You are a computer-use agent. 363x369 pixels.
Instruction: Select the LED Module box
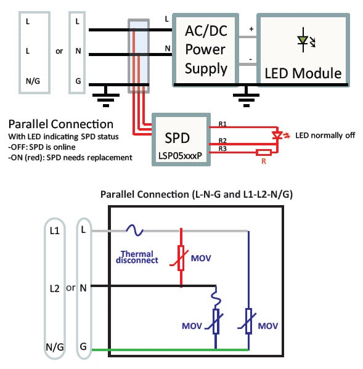(x=303, y=49)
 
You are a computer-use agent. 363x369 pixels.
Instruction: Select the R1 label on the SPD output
(x=226, y=126)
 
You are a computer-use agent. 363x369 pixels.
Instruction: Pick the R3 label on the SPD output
(x=226, y=148)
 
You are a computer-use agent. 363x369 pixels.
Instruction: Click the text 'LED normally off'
(x=326, y=135)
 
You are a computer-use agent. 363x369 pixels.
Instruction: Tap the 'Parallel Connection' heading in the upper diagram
(x=60, y=124)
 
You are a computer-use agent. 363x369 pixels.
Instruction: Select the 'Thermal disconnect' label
(x=137, y=257)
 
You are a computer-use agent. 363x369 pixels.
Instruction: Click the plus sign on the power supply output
(x=251, y=29)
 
